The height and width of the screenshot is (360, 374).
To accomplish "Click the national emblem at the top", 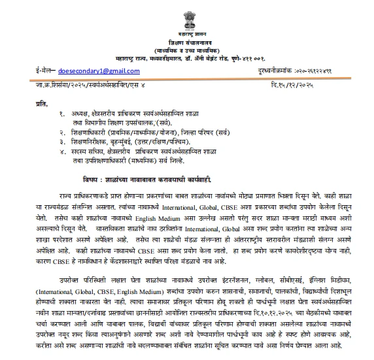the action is point(187,15).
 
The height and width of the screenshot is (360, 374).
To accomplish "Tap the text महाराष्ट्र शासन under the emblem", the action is point(186,32).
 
